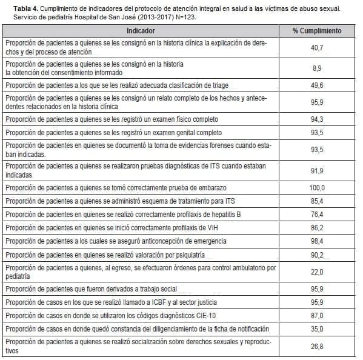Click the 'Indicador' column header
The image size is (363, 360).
(141, 31)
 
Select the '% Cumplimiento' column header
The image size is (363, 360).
(317, 31)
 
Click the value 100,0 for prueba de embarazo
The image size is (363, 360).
(317, 188)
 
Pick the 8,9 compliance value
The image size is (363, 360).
(317, 68)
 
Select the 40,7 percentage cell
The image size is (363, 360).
(317, 47)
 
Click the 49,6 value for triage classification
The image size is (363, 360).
(317, 85)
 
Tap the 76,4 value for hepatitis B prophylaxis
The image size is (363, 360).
(317, 215)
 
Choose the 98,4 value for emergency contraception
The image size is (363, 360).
(317, 241)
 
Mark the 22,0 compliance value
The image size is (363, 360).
(317, 272)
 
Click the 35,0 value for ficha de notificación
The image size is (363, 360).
(317, 328)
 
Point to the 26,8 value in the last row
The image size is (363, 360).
(317, 347)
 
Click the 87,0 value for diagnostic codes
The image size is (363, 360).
(317, 315)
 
